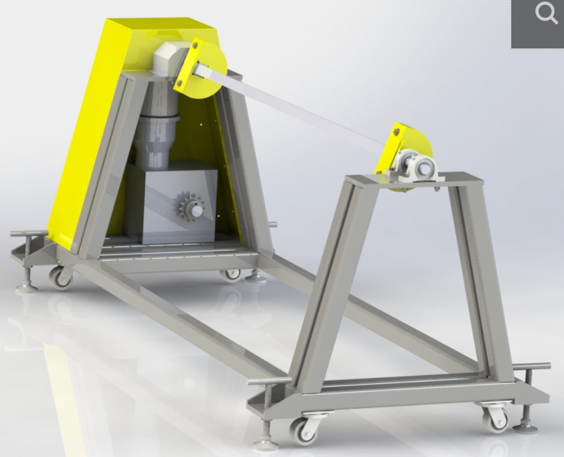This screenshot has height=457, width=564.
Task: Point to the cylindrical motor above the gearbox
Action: click(156, 129)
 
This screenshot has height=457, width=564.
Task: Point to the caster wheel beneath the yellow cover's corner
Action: click(60, 277)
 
